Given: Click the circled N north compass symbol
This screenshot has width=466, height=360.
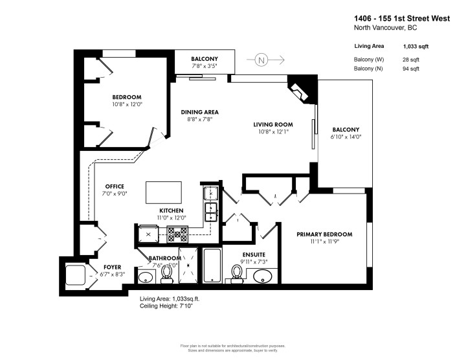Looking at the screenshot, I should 261,60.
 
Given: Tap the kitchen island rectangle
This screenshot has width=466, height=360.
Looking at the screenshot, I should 164,192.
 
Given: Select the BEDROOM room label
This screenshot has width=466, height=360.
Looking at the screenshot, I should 127,97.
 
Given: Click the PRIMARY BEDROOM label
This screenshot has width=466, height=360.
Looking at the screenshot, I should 324,234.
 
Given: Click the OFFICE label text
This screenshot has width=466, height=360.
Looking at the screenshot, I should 115,186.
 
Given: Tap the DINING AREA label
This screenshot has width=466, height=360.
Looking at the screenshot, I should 199,112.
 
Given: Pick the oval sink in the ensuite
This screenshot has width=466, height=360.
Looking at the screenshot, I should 263,278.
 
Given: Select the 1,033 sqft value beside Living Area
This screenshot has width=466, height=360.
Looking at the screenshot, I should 416,47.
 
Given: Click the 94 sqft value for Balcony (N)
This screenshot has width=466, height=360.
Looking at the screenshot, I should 410,68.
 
